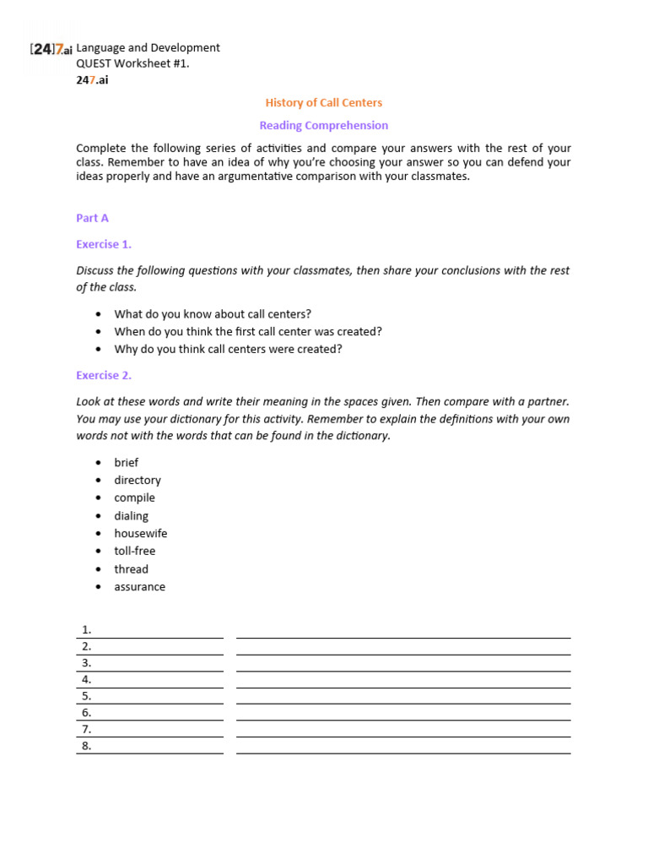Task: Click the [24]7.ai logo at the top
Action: pos(51,49)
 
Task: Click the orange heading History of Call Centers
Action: pos(324,103)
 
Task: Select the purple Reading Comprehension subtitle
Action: pos(324,126)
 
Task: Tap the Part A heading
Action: pos(92,218)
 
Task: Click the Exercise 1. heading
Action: pos(104,244)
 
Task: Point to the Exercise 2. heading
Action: pos(104,375)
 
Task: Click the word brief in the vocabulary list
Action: pos(127,462)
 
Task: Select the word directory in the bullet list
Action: pos(138,480)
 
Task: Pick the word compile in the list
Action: pos(135,498)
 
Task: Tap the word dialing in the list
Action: pos(132,515)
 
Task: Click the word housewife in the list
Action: pos(141,533)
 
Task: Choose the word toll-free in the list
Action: pos(135,551)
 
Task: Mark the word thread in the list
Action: pos(132,569)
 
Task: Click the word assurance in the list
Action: pos(140,586)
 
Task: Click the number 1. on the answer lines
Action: pos(86,630)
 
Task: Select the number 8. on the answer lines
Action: pos(86,746)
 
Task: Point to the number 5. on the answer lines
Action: pos(86,696)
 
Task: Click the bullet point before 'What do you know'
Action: pos(99,314)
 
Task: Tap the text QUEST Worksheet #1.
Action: pos(127,63)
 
